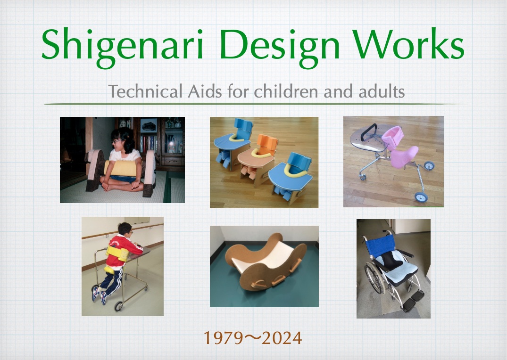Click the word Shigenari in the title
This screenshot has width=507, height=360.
click(x=122, y=45)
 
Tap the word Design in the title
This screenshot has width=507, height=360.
click(x=280, y=45)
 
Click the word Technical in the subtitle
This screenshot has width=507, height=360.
click(x=146, y=91)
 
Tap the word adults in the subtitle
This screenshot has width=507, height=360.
click(x=382, y=91)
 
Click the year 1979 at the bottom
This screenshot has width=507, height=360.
click(x=224, y=338)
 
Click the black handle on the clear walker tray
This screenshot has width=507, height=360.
click(x=369, y=131)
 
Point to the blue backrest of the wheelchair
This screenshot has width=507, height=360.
click(x=380, y=245)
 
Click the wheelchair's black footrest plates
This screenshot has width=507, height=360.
click(x=413, y=300)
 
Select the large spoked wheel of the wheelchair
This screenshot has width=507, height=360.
click(x=375, y=278)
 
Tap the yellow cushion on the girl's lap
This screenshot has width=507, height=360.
click(x=120, y=168)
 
